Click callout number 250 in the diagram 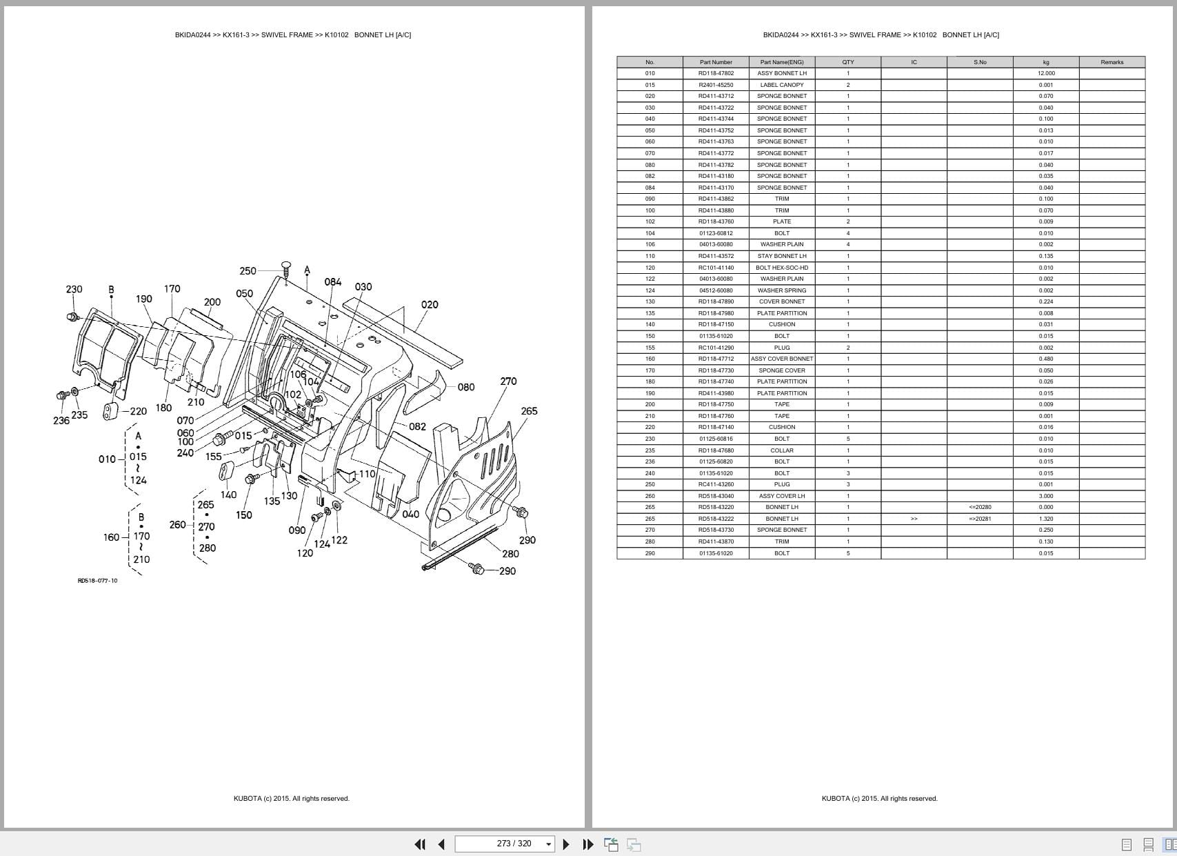pyautogui.click(x=248, y=271)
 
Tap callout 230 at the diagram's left pyautogui.click(x=74, y=289)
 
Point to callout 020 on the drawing pyautogui.click(x=430, y=304)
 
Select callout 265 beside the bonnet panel pyautogui.click(x=529, y=411)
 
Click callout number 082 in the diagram pyautogui.click(x=417, y=426)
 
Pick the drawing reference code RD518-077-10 pyautogui.click(x=97, y=581)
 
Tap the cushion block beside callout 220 pyautogui.click(x=111, y=411)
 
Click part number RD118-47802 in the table pyautogui.click(x=716, y=73)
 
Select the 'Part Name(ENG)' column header pyautogui.click(x=781, y=62)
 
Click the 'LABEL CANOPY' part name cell pyautogui.click(x=781, y=85)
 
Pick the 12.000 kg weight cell pyautogui.click(x=1045, y=73)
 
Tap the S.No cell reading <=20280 pyautogui.click(x=979, y=507)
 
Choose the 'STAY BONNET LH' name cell pyautogui.click(x=781, y=256)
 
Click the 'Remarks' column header pyautogui.click(x=1111, y=62)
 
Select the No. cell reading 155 pyautogui.click(x=650, y=348)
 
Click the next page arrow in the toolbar pyautogui.click(x=566, y=844)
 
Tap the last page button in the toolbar pyautogui.click(x=587, y=844)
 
